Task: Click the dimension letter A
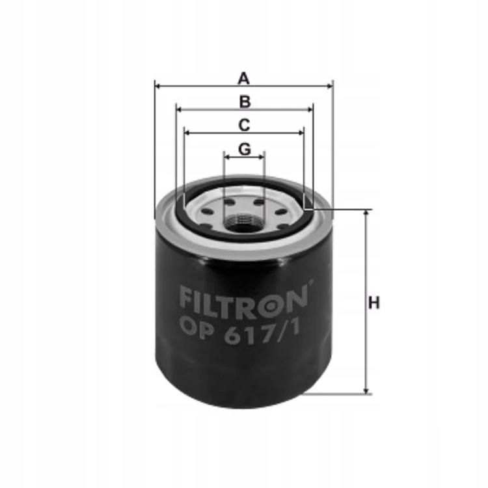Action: pyautogui.click(x=244, y=78)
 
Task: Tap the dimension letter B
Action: pyautogui.click(x=245, y=102)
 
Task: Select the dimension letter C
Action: pyautogui.click(x=244, y=125)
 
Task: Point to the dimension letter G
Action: pyautogui.click(x=245, y=149)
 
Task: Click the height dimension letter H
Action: pyautogui.click(x=373, y=303)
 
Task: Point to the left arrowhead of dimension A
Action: pyautogui.click(x=157, y=86)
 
